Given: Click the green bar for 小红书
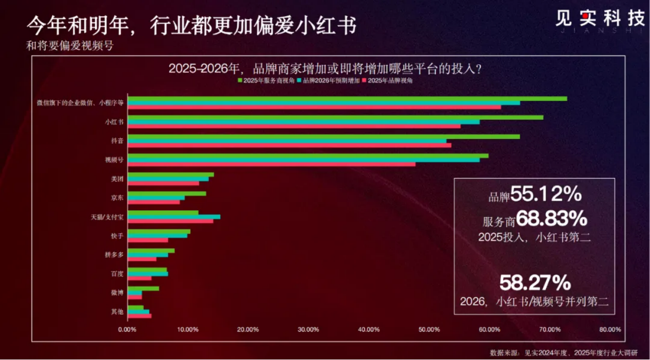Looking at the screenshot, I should point(335,117).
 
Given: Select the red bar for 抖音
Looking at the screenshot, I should point(289,145).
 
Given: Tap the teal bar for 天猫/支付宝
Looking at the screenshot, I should point(174,217).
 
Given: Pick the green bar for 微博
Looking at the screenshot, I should point(143,288).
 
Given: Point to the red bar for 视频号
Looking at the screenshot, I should point(272,164).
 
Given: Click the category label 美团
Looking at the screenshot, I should point(117,178).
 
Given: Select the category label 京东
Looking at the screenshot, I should point(117,198).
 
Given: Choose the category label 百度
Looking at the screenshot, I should point(117,274).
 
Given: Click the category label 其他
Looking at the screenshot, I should point(117,312).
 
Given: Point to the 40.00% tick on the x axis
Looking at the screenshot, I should point(369,329).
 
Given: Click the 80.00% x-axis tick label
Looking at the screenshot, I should point(610,329).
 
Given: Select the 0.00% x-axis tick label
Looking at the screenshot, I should point(127,329).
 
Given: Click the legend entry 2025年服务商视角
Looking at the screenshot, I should point(266,80).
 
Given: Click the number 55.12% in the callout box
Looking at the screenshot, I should point(546,194).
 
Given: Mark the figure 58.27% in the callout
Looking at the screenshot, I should point(535,282).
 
